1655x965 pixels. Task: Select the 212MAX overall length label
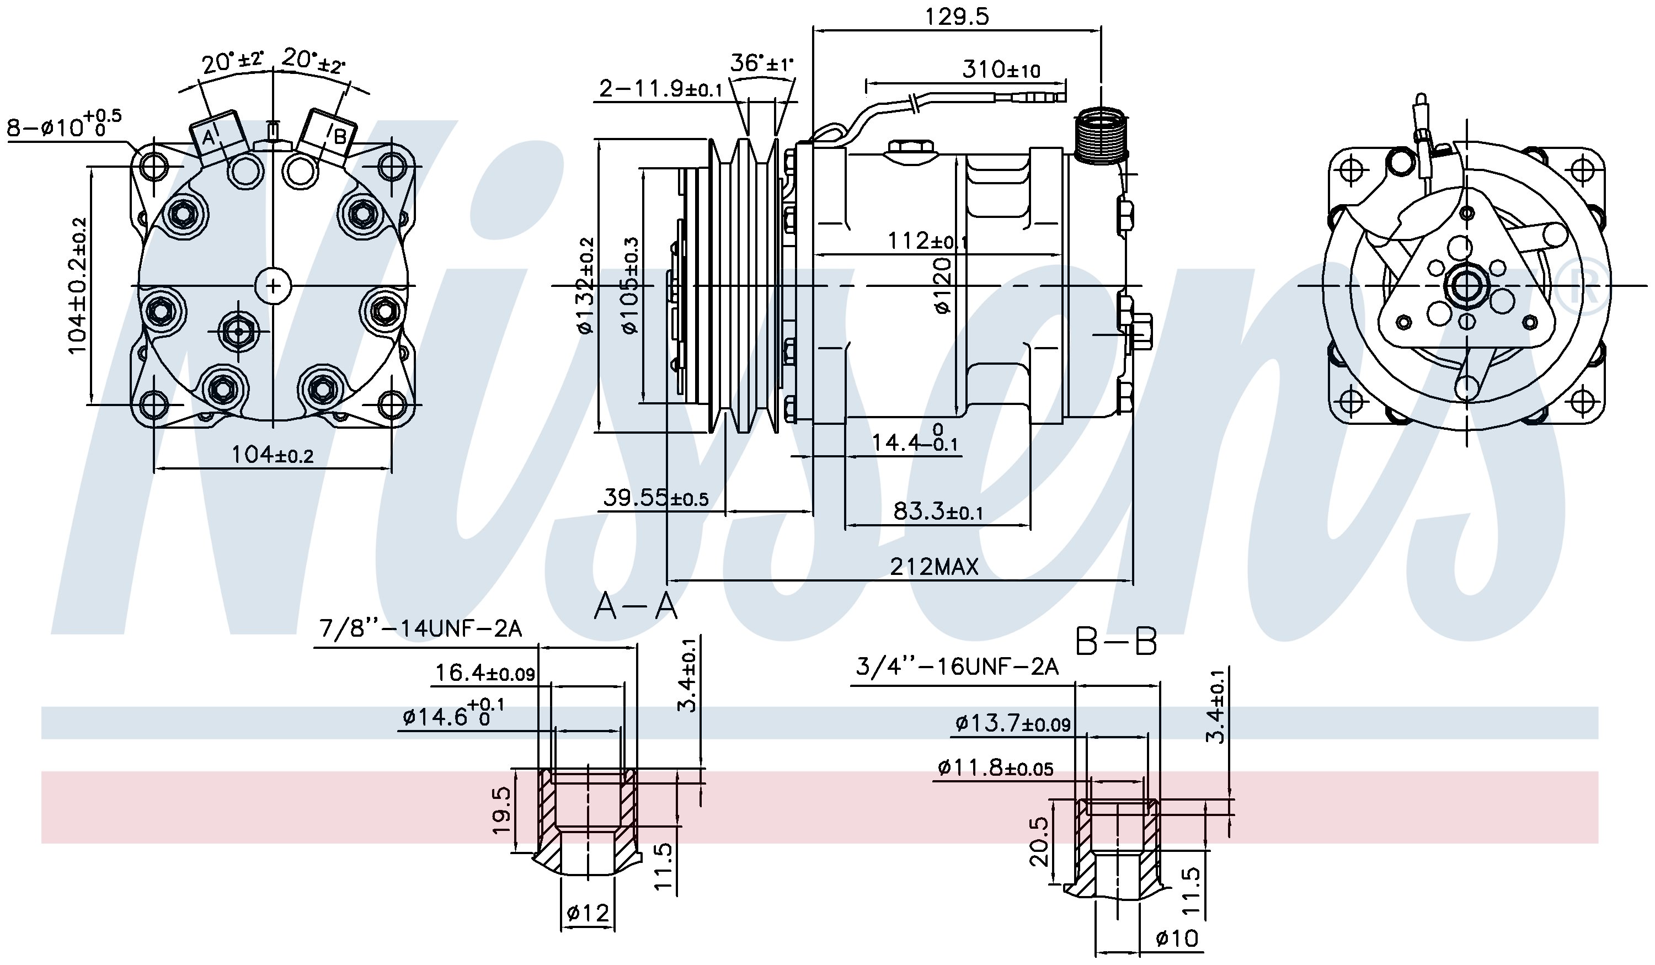pyautogui.click(x=934, y=566)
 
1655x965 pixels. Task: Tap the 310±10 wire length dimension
pyautogui.click(x=1001, y=69)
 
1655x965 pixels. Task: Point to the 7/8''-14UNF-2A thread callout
pyautogui.click(x=420, y=630)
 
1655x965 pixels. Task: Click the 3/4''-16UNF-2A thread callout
pyautogui.click(x=957, y=668)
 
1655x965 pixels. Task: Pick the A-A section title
pyautogui.click(x=635, y=606)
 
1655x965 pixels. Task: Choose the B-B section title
pyautogui.click(x=1116, y=642)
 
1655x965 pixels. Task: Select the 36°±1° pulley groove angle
pyautogui.click(x=761, y=63)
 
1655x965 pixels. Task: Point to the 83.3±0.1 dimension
pyautogui.click(x=938, y=511)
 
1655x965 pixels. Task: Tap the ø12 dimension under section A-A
pyautogui.click(x=588, y=913)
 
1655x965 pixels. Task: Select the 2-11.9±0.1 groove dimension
pyautogui.click(x=661, y=88)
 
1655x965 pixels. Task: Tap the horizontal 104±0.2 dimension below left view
pyautogui.click(x=273, y=454)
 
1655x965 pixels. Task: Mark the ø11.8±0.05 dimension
pyautogui.click(x=996, y=767)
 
